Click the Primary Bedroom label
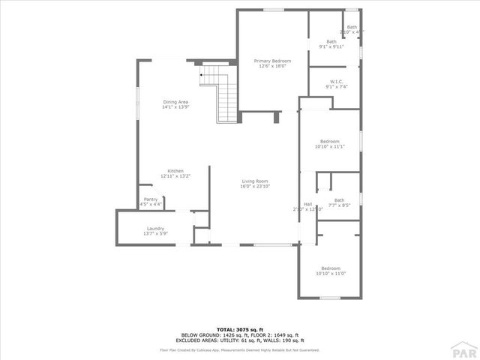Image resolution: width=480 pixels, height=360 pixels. tap(271, 61)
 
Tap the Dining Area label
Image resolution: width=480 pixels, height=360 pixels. tap(175, 102)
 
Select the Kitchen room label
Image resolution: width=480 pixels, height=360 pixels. tap(175, 171)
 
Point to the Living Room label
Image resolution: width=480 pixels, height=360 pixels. tap(255, 181)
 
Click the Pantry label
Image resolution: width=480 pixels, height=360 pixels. tap(151, 199)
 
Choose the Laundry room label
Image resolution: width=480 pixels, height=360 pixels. tap(155, 229)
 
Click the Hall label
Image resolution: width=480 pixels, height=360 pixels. tap(307, 204)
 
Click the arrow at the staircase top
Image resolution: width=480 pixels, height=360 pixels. tap(202, 75)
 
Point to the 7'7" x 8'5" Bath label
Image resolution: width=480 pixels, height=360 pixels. tap(340, 200)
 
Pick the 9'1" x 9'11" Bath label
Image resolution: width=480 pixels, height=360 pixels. tap(331, 42)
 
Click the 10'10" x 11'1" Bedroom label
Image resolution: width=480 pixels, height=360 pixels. tap(330, 142)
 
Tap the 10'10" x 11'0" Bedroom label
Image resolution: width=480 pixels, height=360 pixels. tap(331, 268)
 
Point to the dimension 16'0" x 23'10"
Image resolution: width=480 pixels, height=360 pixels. tap(255, 185)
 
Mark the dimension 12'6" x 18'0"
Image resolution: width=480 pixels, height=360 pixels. tap(271, 66)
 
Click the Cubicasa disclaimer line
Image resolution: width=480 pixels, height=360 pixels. tap(239, 349)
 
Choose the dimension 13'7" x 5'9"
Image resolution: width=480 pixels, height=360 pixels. tap(155, 234)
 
